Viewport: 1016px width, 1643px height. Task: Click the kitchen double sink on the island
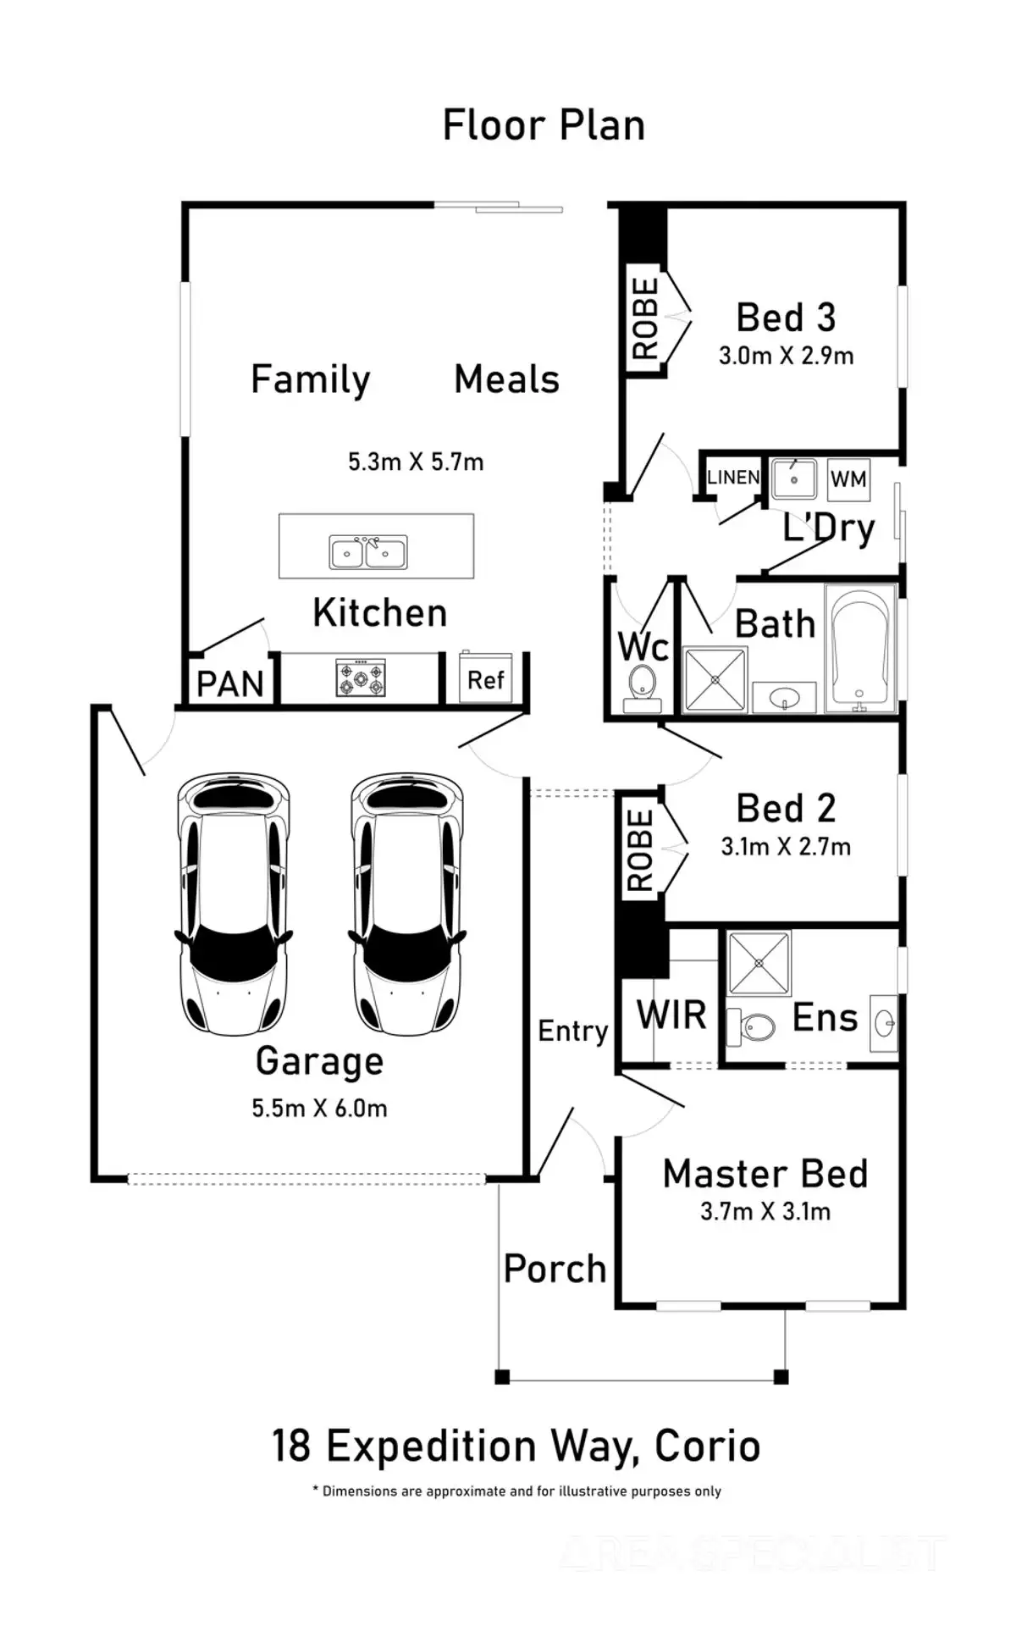coord(368,552)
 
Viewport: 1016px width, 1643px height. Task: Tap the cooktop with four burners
coord(361,678)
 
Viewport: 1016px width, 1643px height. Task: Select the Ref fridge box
coord(486,678)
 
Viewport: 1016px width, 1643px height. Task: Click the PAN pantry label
coord(230,683)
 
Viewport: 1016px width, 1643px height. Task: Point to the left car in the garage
coord(234,903)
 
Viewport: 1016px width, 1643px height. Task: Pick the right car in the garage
coord(406,903)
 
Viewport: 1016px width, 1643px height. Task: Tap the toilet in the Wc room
coord(642,686)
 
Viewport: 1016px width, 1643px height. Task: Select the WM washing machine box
coord(848,479)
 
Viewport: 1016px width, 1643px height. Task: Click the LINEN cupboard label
coord(733,477)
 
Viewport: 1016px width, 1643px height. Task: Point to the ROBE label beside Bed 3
coord(645,318)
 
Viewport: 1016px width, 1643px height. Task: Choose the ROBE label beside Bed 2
coord(640,850)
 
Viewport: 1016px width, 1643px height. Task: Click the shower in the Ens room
coord(759,963)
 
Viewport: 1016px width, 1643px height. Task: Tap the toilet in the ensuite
coord(752,1027)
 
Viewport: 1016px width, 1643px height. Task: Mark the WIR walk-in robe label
coord(671,1014)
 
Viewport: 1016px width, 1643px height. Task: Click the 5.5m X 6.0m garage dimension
coord(319,1108)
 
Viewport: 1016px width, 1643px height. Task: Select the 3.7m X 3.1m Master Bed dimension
coord(765,1211)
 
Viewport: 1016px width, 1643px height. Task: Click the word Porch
coord(555,1269)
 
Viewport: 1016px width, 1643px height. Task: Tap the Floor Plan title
coord(544,125)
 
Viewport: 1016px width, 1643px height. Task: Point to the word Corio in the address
coord(708,1446)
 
